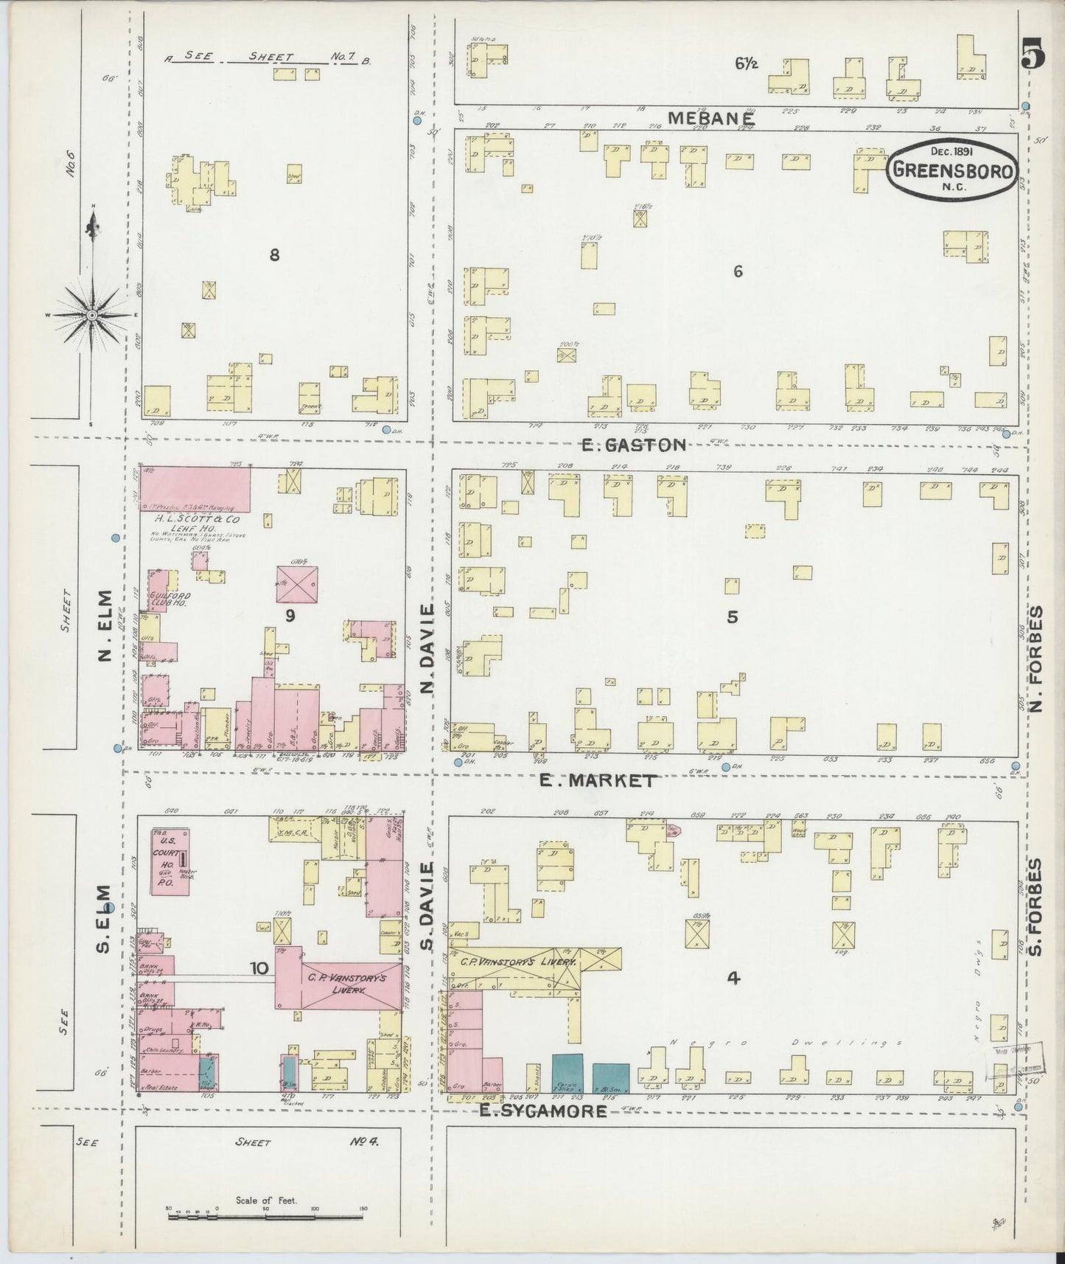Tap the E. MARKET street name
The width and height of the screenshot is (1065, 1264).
tap(597, 780)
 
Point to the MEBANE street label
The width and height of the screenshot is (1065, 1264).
tap(711, 118)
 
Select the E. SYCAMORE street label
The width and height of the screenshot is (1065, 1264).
tap(543, 1111)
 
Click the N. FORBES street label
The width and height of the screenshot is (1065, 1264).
tap(1037, 659)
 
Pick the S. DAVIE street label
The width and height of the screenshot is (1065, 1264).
tap(427, 908)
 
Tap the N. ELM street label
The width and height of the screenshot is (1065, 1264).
tap(105, 625)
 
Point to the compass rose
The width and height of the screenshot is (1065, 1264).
tap(92, 315)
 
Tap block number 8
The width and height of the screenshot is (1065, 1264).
tap(274, 255)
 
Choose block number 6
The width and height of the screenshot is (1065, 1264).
tap(738, 271)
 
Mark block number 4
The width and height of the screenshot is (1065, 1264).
tap(733, 978)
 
